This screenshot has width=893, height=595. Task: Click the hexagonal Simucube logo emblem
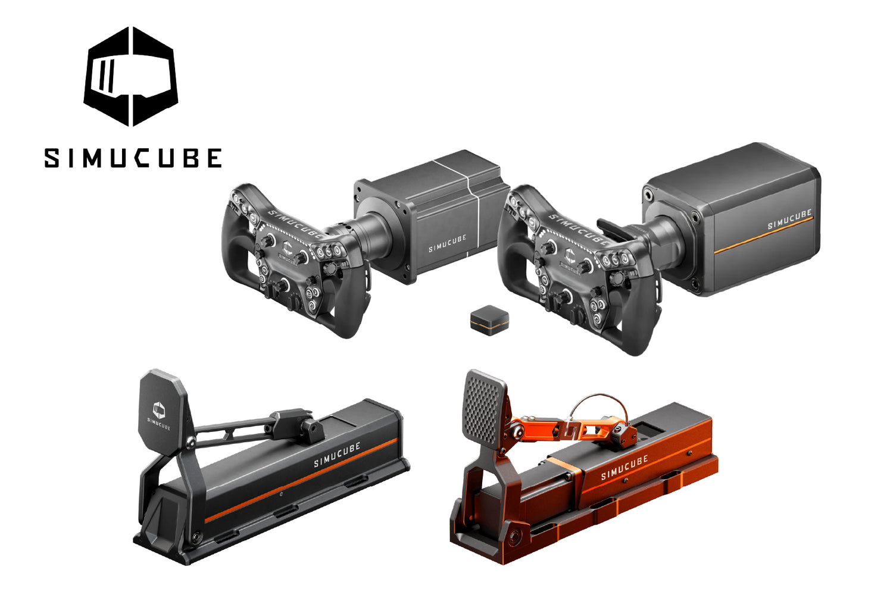(131, 77)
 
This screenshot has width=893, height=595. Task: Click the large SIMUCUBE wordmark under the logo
(133, 158)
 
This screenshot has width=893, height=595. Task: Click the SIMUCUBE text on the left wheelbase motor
(447, 243)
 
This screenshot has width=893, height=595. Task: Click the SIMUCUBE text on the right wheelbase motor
(789, 219)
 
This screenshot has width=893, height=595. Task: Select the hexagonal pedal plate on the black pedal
(164, 412)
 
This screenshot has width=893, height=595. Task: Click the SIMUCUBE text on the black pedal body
(337, 455)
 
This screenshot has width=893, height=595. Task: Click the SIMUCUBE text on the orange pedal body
(625, 468)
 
